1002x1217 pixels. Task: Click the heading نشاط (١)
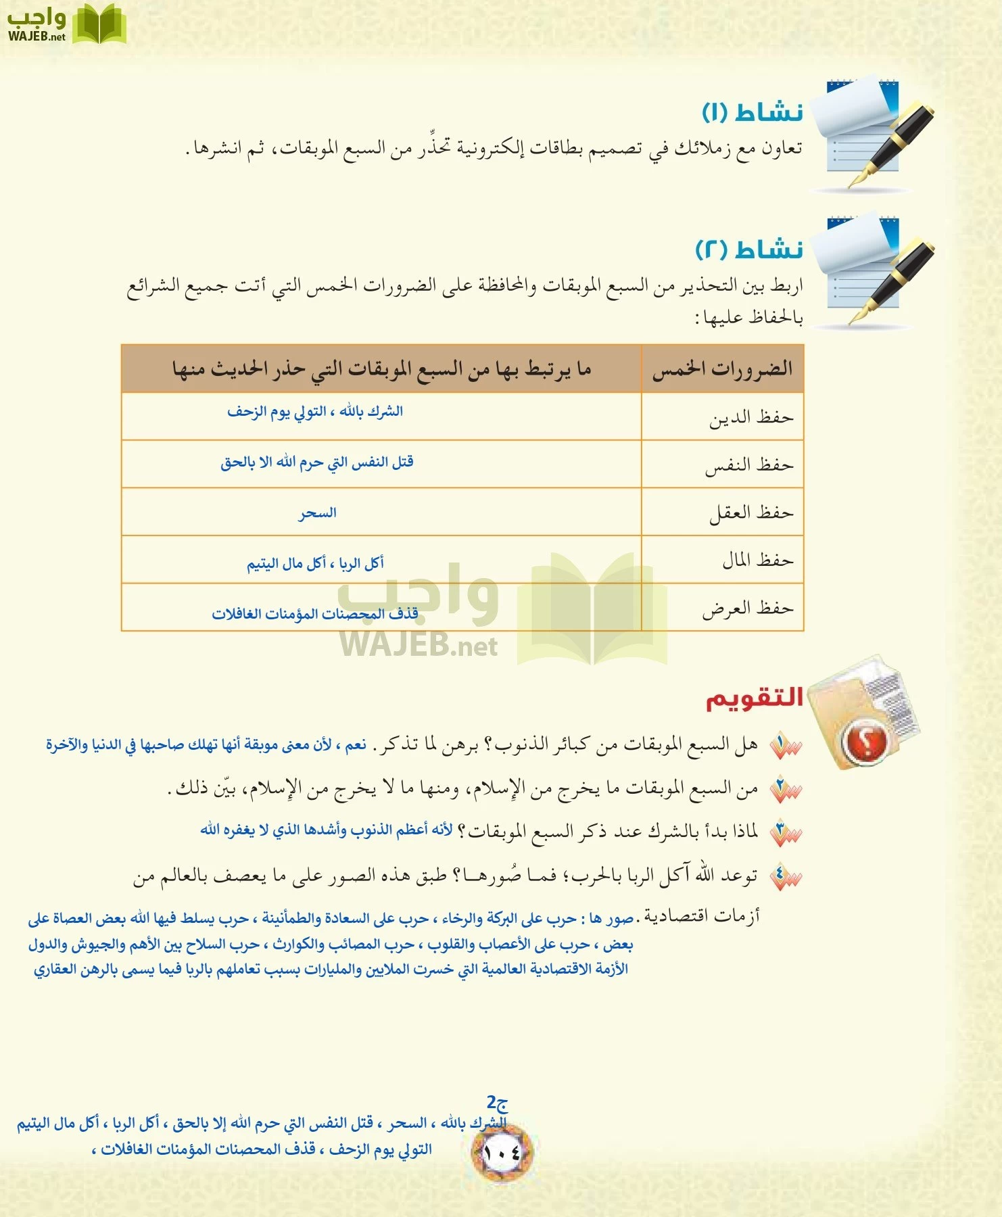(752, 112)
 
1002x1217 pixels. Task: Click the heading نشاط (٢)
(749, 249)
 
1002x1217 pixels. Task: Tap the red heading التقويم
(754, 698)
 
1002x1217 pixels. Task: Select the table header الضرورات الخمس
(722, 369)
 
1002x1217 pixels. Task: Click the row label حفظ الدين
(750, 418)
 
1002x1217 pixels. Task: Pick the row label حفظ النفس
(749, 465)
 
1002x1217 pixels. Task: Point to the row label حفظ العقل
(750, 512)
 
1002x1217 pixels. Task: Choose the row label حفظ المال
(757, 560)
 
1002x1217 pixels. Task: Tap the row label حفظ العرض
(747, 608)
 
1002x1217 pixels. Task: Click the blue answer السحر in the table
(318, 513)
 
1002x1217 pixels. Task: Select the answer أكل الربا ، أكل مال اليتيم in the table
(315, 563)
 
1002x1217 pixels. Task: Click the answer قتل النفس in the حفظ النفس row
(316, 462)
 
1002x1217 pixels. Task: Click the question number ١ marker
(784, 746)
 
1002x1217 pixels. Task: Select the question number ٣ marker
(784, 832)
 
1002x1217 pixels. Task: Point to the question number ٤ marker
(784, 877)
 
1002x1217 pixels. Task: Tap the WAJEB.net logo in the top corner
(66, 24)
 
